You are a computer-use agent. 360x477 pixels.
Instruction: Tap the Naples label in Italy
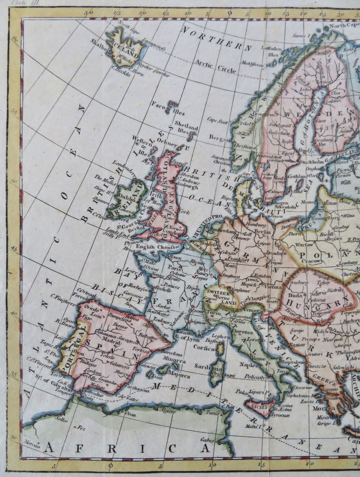click(x=250, y=365)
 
